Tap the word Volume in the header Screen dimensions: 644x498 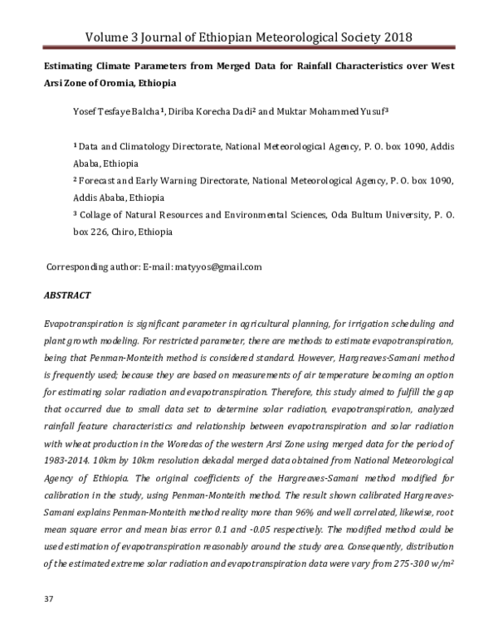point(112,37)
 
